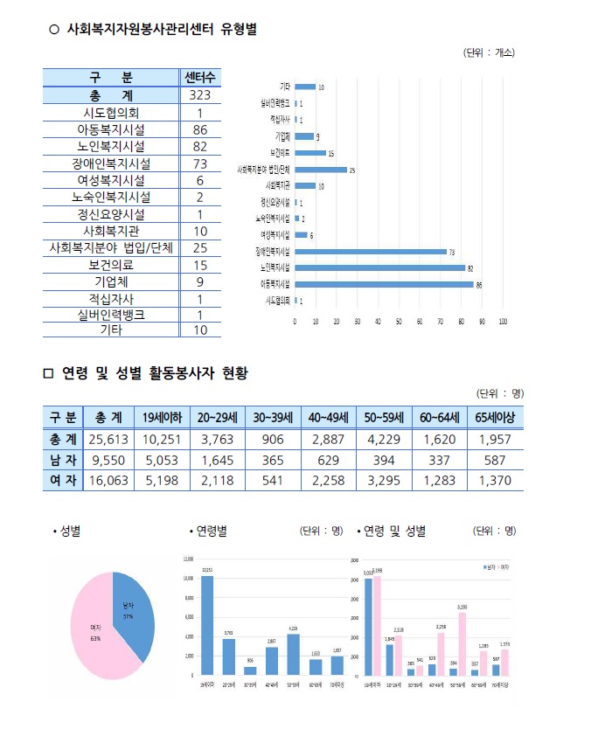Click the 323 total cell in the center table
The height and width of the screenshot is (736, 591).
tap(199, 95)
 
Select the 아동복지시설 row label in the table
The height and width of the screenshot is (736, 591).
tap(111, 129)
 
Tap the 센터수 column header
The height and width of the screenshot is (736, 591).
tap(199, 78)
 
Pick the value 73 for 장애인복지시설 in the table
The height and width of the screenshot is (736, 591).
tap(199, 163)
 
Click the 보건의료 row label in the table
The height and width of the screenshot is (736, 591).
tap(111, 265)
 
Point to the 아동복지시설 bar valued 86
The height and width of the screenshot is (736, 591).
tap(385, 284)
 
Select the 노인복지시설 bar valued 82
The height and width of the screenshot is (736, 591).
tap(380, 267)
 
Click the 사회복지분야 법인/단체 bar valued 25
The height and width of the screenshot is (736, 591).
tap(321, 170)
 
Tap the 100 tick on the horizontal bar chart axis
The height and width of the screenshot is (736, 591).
tap(503, 321)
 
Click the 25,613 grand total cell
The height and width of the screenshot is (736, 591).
tap(108, 438)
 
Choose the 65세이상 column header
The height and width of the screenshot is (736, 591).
tap(495, 417)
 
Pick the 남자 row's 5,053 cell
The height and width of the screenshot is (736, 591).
tap(161, 459)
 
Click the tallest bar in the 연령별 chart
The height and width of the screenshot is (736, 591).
tap(207, 625)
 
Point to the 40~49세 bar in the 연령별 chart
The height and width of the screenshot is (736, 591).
tap(272, 660)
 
